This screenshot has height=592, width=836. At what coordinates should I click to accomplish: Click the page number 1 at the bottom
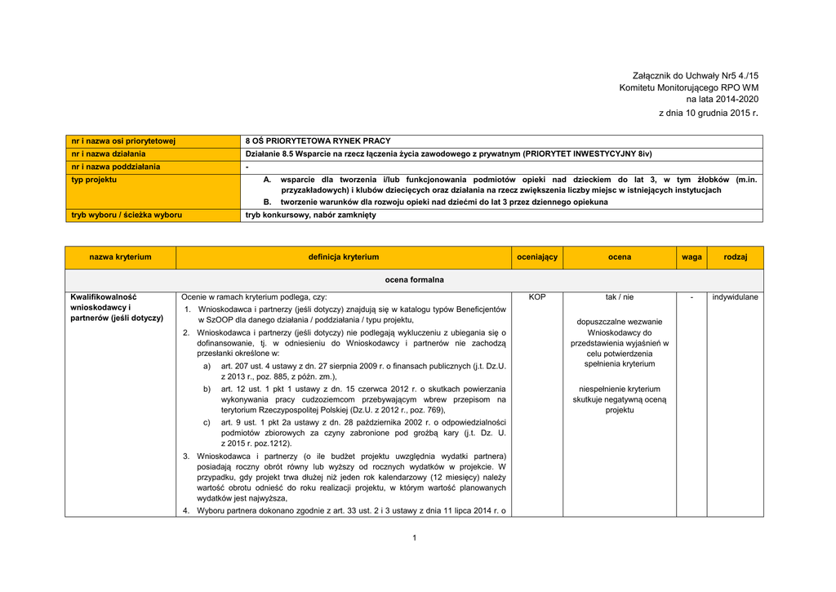coord(415,537)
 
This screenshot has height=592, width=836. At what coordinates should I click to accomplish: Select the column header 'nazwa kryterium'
coord(121,257)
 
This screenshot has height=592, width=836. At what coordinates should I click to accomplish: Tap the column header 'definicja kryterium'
coord(344,257)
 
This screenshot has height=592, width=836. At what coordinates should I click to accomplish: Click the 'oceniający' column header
coord(537,257)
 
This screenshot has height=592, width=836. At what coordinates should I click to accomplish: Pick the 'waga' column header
coord(691,257)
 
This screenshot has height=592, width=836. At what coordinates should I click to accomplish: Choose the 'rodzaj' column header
coord(736,257)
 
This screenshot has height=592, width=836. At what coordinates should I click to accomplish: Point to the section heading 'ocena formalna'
coord(415,280)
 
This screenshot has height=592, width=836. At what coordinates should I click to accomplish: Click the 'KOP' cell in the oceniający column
coord(537,297)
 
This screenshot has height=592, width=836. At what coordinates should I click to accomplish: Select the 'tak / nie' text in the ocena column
coord(620,297)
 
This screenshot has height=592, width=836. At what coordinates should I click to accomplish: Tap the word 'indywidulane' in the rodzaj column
coord(736,297)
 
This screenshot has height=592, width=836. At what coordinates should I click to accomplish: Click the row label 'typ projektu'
coord(94,179)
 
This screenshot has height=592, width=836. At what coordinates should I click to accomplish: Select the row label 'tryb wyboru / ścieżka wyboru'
coord(127,216)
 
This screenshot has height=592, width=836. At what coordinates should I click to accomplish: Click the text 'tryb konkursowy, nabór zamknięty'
coord(311,216)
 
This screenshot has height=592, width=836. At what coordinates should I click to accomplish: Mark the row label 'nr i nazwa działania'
coord(109,154)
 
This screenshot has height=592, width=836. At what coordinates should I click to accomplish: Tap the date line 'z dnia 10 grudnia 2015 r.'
coord(709,112)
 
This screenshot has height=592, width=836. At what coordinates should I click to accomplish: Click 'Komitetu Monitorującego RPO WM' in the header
coord(689,87)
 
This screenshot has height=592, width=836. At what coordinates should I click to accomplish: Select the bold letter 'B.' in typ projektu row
coord(267,202)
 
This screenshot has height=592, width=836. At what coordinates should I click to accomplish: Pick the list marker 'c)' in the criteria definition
coord(207,422)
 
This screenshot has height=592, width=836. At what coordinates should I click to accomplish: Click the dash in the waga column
coord(691,297)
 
